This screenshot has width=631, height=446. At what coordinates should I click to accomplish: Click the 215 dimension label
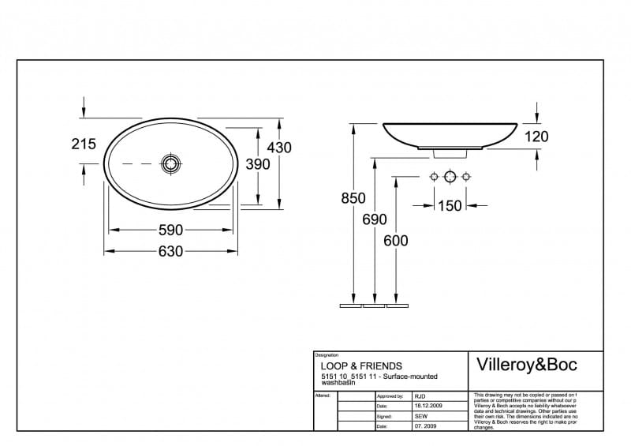tap(84, 144)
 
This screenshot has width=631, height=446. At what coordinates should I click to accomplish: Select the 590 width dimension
tap(171, 230)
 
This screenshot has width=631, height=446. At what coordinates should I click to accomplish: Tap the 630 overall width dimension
tap(171, 251)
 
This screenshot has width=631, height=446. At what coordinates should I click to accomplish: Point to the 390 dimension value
tap(257, 164)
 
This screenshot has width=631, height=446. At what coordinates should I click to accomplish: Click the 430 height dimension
tap(279, 148)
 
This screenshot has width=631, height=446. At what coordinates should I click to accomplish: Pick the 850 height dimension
tap(353, 199)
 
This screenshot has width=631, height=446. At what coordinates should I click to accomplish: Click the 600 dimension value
tap(395, 241)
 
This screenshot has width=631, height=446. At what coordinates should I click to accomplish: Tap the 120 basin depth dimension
tap(536, 137)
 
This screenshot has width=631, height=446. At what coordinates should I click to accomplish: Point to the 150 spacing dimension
tap(450, 206)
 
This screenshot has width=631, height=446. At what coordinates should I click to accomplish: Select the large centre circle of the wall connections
tap(450, 176)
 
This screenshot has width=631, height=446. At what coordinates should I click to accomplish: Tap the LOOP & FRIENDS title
tap(361, 366)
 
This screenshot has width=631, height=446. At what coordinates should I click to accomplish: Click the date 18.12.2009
tap(428, 406)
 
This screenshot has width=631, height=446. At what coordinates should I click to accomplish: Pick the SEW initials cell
tap(421, 416)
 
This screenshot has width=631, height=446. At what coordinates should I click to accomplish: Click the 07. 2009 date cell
tap(425, 426)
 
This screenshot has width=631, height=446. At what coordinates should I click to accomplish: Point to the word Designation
tap(327, 355)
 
